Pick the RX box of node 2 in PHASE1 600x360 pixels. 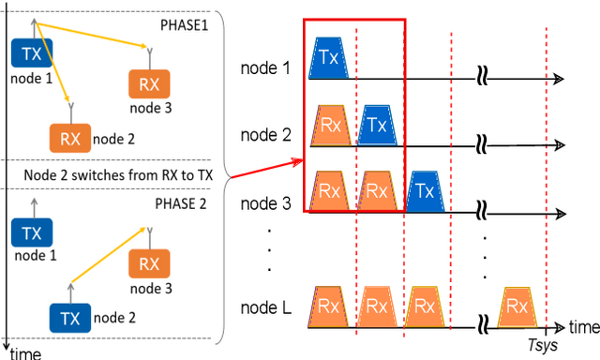[70, 139]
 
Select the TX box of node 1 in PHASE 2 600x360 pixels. [31, 232]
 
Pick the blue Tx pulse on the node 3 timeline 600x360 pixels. [425, 190]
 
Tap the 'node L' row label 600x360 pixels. [265, 308]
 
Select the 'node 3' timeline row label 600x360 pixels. [265, 202]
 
